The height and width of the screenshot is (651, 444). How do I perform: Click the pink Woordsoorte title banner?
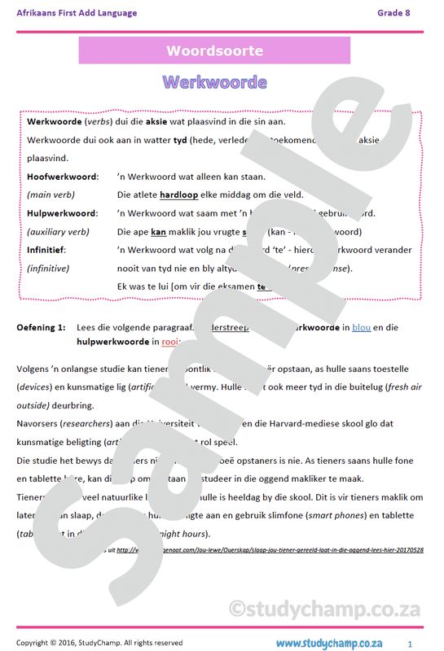pyautogui.click(x=214, y=50)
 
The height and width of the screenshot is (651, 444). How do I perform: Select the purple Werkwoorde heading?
pyautogui.click(x=214, y=82)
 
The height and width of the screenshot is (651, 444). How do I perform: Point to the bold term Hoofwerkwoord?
pyautogui.click(x=62, y=177)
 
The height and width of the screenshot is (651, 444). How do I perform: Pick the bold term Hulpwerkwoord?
pyautogui.click(x=62, y=213)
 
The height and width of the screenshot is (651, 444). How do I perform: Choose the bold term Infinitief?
pyautogui.click(x=46, y=250)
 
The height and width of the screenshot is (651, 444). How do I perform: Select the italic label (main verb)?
pyautogui.click(x=51, y=195)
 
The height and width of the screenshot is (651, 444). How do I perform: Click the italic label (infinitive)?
pyautogui.click(x=48, y=268)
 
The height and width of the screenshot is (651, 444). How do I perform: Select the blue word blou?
pyautogui.click(x=361, y=327)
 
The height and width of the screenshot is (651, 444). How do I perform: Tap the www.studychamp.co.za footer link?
pyautogui.click(x=328, y=643)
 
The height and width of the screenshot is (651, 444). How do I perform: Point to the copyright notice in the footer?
pyautogui.click(x=99, y=643)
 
